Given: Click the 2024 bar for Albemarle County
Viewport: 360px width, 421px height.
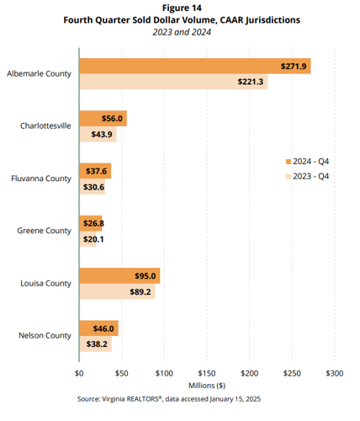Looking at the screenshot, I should click(193, 66).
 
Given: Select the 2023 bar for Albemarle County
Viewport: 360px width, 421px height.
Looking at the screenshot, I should click(172, 82).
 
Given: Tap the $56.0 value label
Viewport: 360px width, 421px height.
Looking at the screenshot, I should click(113, 120).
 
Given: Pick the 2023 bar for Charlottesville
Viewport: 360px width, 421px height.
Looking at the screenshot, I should click(98, 135).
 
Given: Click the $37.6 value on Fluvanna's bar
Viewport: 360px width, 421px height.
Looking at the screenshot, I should click(98, 171).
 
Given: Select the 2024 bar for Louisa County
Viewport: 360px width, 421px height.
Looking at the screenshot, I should click(119, 275).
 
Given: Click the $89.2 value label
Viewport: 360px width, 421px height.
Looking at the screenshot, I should click(140, 291).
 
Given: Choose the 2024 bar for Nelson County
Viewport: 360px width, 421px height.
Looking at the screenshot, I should click(98, 328).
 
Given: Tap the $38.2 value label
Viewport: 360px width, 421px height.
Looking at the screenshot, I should click(98, 344).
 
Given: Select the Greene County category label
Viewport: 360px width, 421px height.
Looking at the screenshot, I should click(45, 231).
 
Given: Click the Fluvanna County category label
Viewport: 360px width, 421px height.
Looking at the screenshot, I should click(41, 179).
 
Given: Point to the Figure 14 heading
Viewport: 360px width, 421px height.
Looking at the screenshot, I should click(181, 8).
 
